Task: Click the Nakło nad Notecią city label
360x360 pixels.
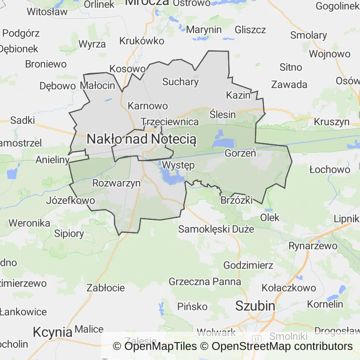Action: click(142, 139)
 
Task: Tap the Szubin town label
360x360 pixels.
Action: click(255, 306)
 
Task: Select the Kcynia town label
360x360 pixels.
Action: click(52, 332)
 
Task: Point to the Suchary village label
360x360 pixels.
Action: click(180, 82)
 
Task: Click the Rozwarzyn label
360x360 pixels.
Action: click(117, 183)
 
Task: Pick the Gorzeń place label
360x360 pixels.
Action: click(240, 153)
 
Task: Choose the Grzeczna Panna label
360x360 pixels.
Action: click(205, 282)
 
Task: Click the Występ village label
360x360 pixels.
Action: click(178, 165)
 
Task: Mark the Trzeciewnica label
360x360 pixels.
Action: click(170, 121)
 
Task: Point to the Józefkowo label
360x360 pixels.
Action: click(71, 201)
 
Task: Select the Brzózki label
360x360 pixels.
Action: click(236, 200)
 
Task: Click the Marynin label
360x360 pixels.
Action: click(204, 30)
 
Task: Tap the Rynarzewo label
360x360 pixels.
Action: click(313, 246)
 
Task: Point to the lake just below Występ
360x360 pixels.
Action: click(172, 177)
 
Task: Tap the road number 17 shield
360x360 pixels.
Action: click(256, 338)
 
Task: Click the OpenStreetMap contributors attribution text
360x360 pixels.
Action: click(282, 346)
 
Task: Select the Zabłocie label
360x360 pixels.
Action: click(106, 288)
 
